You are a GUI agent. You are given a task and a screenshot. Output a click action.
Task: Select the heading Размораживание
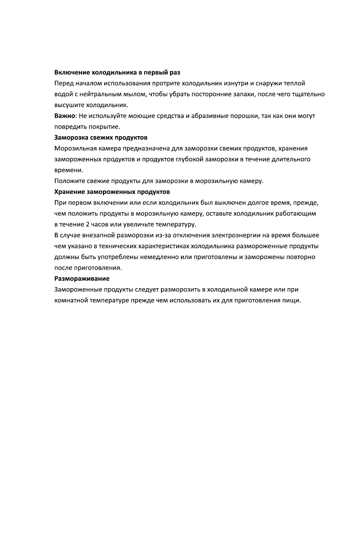tap(82, 278)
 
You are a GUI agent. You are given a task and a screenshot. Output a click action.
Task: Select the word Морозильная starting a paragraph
tap(74, 148)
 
